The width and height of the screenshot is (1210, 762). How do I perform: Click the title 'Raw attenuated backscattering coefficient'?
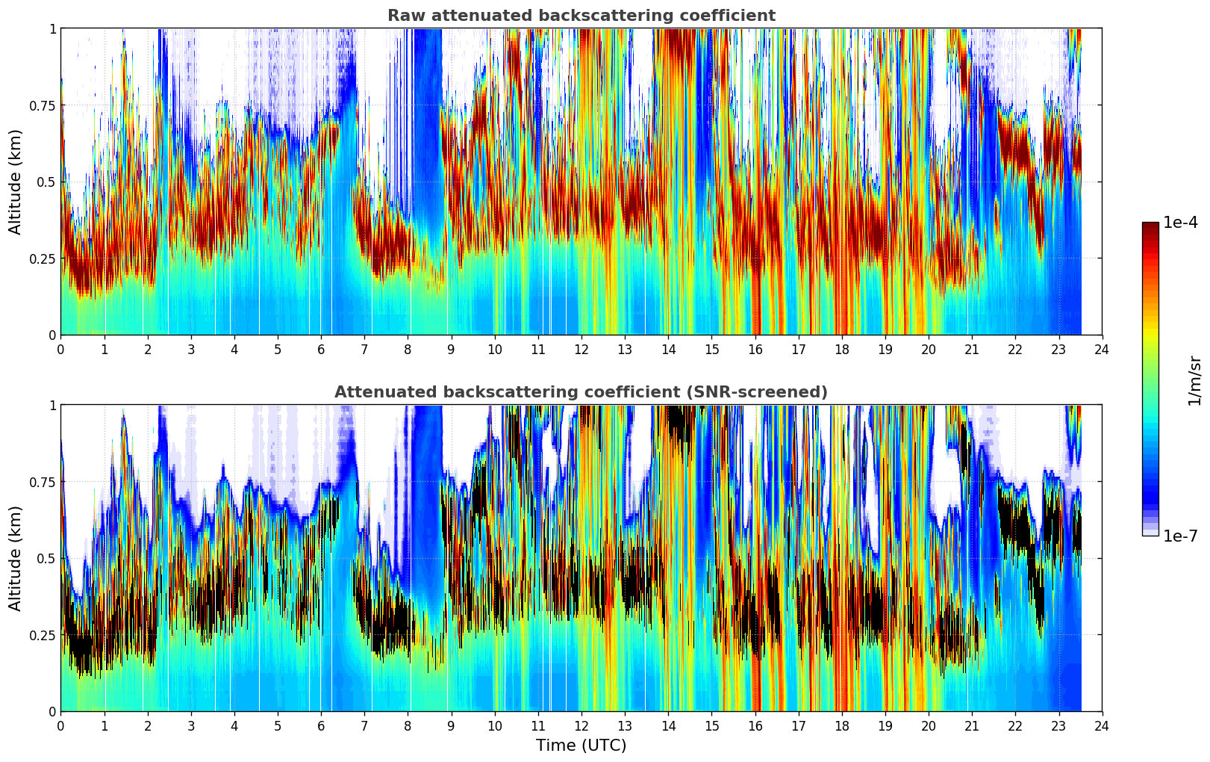[581, 16]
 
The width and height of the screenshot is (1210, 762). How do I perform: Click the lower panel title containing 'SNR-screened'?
[581, 392]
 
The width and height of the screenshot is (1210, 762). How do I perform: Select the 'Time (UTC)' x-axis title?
[581, 746]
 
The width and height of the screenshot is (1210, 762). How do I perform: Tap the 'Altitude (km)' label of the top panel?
[16, 182]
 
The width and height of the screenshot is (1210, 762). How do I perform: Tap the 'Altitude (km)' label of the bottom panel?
[16, 558]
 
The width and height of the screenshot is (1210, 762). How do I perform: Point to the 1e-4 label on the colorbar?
[1180, 223]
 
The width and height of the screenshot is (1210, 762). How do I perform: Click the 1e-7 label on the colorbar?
[1180, 536]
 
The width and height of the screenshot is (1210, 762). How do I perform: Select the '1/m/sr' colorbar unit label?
[1194, 381]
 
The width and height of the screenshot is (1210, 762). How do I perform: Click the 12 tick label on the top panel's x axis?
[581, 350]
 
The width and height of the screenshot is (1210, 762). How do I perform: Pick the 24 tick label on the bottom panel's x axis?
[1102, 726]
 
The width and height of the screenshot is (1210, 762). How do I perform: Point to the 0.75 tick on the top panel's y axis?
[42, 105]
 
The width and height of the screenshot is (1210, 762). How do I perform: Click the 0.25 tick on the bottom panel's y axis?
[42, 635]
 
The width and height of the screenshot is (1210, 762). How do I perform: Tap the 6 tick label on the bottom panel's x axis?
[321, 726]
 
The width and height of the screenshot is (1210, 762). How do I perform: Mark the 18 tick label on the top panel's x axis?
[841, 350]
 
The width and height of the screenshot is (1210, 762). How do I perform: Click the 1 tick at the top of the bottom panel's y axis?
[52, 406]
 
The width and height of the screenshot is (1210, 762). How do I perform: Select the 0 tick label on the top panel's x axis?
[61, 350]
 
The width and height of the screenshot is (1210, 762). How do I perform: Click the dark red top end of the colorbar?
[1150, 226]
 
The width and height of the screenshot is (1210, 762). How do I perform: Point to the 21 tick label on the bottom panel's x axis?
[972, 726]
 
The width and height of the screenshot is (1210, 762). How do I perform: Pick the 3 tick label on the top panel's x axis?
[191, 350]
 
